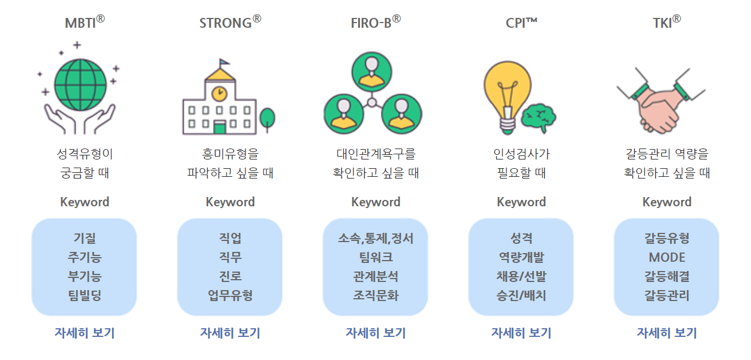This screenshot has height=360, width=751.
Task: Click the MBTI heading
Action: point(84,23)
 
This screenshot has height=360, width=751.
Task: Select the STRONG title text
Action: point(230,23)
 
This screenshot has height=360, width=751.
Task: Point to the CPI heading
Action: point(521,23)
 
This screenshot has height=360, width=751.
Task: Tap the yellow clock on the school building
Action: point(219,92)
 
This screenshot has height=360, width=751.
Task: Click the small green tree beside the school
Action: point(267,118)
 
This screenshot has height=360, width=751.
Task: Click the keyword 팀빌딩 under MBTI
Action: point(84,296)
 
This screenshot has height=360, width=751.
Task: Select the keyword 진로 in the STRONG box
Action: point(230,276)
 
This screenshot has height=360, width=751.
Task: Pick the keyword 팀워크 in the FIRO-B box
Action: point(375,257)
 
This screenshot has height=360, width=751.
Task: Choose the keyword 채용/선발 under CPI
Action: point(521,276)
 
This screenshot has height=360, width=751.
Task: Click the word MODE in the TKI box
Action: point(667,257)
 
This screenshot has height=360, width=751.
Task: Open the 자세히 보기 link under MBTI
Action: point(84,333)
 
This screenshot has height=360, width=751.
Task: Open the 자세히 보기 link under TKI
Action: point(667,333)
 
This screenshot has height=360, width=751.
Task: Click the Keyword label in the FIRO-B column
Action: point(375,202)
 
